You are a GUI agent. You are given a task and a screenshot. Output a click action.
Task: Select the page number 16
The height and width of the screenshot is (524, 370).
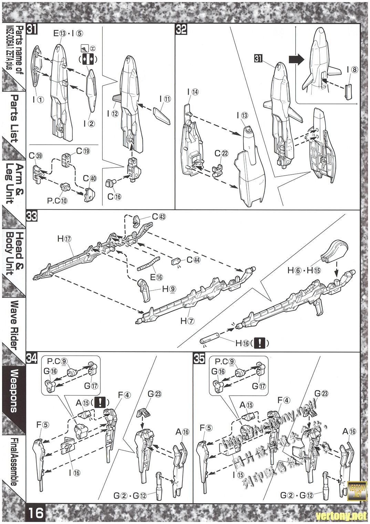click(x=36, y=513)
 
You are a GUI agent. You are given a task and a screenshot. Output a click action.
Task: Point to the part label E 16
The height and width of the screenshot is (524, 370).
click(x=158, y=277)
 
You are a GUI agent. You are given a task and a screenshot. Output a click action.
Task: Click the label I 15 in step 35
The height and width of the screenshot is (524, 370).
click(x=238, y=474)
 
